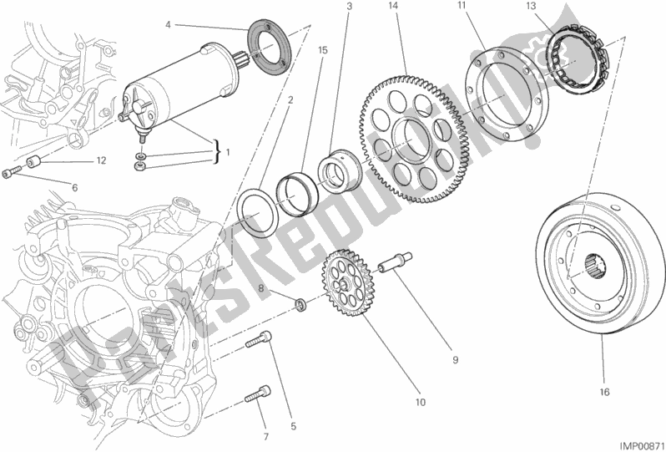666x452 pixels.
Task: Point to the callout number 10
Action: coord(421,401)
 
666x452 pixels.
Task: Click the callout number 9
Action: coord(456,361)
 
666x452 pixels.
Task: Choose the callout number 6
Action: coord(74,187)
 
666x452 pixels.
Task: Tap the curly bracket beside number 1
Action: coord(219,152)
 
